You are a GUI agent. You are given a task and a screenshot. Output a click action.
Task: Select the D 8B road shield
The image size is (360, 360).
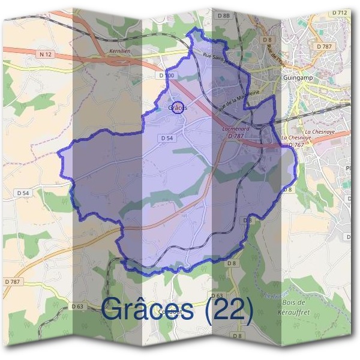pos(224,14)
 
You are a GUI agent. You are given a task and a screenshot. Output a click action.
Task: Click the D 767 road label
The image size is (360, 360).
pos(296,145)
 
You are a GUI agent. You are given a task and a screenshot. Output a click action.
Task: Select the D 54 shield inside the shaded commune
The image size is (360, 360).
pos(167,137)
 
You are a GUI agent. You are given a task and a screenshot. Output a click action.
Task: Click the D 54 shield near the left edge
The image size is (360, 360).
pos(23,193)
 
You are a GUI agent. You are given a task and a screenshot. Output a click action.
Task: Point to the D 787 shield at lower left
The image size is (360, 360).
pos(13,281)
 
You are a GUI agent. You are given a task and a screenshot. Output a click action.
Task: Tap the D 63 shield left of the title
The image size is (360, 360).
pos(77,306)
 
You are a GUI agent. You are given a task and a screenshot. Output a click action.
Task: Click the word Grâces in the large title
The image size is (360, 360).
pos(148,309)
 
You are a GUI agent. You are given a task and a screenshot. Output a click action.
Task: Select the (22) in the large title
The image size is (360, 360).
pos(229,309)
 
